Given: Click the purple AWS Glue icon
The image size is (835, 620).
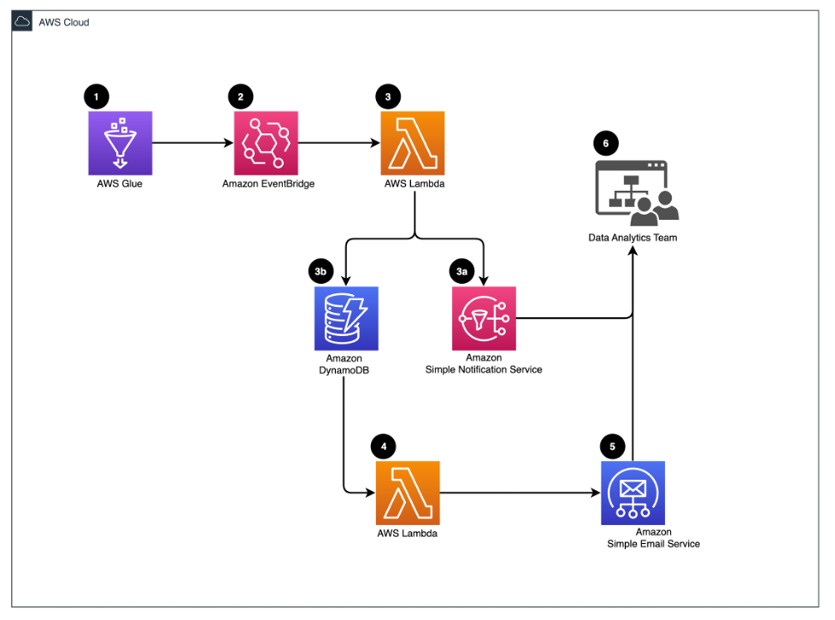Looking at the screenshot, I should click(x=120, y=144).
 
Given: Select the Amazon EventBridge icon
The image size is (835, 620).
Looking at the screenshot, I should click(x=266, y=144).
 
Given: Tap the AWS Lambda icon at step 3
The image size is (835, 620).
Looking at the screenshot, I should click(x=414, y=144).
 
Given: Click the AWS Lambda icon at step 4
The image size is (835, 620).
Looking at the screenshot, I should click(x=407, y=493).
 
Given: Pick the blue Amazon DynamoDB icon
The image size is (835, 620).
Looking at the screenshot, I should click(x=346, y=318).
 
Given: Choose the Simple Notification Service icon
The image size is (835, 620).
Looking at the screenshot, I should click(x=484, y=318).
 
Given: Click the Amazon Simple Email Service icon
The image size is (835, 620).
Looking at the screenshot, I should click(x=632, y=493).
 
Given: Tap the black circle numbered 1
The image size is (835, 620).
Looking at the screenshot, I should click(x=97, y=97).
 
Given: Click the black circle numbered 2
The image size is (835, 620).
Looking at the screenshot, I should click(x=241, y=97).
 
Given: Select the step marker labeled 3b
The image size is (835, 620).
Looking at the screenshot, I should click(x=320, y=271).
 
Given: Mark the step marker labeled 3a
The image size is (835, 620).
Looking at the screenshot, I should click(x=462, y=271).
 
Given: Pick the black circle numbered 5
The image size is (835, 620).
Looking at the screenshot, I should click(x=612, y=446).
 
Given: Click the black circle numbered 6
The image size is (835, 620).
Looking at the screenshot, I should click(x=606, y=143).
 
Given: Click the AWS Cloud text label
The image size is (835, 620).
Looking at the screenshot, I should click(x=64, y=22).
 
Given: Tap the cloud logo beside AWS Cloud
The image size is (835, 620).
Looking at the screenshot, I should click(x=23, y=22).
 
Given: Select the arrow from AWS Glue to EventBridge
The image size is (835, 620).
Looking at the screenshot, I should click(x=192, y=144).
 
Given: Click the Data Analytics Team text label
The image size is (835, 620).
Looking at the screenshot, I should click(x=632, y=237).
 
